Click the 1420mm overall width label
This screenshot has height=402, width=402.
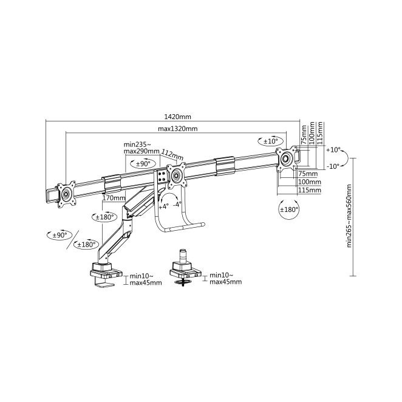[177, 117]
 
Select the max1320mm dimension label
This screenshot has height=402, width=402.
[178, 129]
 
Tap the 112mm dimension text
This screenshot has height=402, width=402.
[172, 155]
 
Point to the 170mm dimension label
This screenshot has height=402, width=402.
[114, 198]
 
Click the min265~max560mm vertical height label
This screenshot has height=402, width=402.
[349, 216]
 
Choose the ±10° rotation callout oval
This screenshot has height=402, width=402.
[271, 141]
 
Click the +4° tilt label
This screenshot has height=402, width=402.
[163, 206]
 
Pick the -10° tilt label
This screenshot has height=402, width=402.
[333, 166]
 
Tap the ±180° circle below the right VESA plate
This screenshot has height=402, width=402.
[289, 210]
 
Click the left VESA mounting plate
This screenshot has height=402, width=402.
[66, 194]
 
